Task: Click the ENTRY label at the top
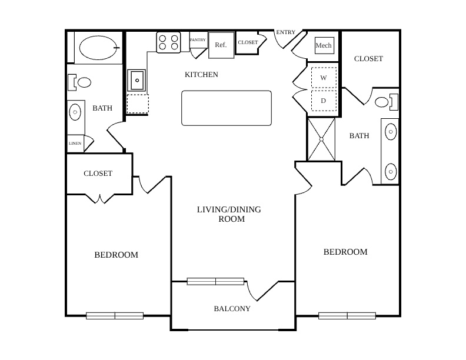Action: (285, 32)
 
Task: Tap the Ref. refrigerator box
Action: (221, 45)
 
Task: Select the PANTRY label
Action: (198, 40)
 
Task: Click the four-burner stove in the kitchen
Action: (168, 42)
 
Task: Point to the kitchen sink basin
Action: (137, 80)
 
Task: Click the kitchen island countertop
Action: (227, 108)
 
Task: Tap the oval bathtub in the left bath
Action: (99, 48)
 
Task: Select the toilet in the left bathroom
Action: (79, 82)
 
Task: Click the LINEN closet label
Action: (75, 143)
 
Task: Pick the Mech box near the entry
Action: (324, 45)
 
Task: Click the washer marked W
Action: (324, 78)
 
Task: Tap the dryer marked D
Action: (324, 101)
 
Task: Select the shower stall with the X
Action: (321, 139)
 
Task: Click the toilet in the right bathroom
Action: (387, 102)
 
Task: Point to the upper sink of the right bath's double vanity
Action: (391, 131)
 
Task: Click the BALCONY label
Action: (232, 309)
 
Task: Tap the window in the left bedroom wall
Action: (115, 315)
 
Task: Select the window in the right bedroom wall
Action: (347, 315)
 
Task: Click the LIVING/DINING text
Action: (229, 209)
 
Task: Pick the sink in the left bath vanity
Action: (75, 112)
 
